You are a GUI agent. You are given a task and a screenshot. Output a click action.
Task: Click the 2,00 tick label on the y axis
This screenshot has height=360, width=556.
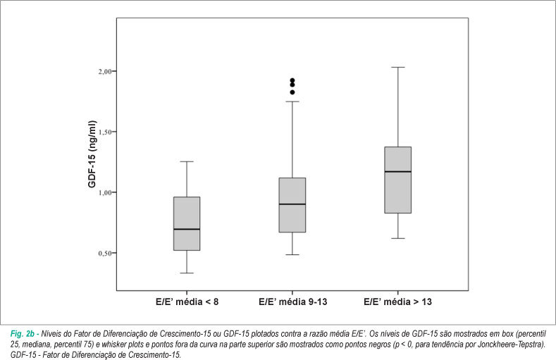(105, 71)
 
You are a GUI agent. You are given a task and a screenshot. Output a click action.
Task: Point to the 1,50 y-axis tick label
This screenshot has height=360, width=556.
(105, 132)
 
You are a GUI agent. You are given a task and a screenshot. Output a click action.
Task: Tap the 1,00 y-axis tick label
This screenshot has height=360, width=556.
(105, 192)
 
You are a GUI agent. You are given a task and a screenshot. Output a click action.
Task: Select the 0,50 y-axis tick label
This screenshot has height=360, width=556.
(105, 253)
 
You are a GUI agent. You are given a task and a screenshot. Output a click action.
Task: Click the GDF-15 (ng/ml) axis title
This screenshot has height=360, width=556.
(92, 154)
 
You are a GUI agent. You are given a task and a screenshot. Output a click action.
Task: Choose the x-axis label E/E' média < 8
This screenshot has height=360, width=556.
(187, 302)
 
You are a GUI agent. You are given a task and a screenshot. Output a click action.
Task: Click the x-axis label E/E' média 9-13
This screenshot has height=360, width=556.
(293, 302)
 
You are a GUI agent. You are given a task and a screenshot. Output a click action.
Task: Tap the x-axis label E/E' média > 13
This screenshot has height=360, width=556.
(398, 302)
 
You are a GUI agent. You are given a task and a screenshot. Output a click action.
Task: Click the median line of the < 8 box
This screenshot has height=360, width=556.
(187, 229)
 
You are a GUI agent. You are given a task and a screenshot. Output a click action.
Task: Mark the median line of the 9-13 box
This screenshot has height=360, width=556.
(292, 204)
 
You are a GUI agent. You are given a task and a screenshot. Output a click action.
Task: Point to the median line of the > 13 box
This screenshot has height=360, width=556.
(398, 171)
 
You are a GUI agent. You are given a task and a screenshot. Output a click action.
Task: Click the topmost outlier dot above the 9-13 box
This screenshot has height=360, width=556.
(292, 80)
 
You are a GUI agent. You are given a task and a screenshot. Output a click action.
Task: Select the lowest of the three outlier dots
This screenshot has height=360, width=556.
(292, 92)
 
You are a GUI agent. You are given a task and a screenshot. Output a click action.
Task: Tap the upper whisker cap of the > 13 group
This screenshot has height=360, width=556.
(398, 68)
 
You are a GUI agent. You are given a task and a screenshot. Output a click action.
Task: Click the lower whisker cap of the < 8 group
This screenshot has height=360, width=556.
(187, 273)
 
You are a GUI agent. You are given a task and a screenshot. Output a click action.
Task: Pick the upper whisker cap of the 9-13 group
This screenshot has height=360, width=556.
(292, 101)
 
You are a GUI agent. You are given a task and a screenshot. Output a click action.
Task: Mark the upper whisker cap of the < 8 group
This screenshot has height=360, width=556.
(187, 161)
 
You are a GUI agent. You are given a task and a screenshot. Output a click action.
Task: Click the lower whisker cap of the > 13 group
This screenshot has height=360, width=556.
(398, 238)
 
